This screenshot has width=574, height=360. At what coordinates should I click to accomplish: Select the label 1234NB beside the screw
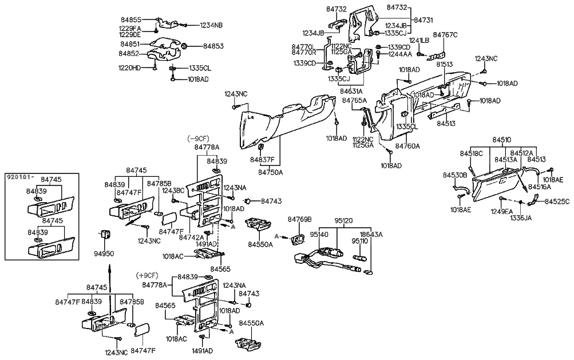pyautogui.click(x=211, y=25)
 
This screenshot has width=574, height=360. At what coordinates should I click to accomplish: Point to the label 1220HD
pyautogui.click(x=129, y=68)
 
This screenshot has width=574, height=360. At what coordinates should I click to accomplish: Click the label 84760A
pyautogui.click(x=407, y=146)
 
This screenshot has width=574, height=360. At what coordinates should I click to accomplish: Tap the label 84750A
pyautogui.click(x=271, y=172)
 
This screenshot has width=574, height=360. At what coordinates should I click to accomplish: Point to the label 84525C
pyautogui.click(x=557, y=202)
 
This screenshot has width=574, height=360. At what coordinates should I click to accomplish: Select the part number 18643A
pyautogui.click(x=371, y=235)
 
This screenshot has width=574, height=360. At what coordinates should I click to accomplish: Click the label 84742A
pyautogui.click(x=191, y=237)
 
